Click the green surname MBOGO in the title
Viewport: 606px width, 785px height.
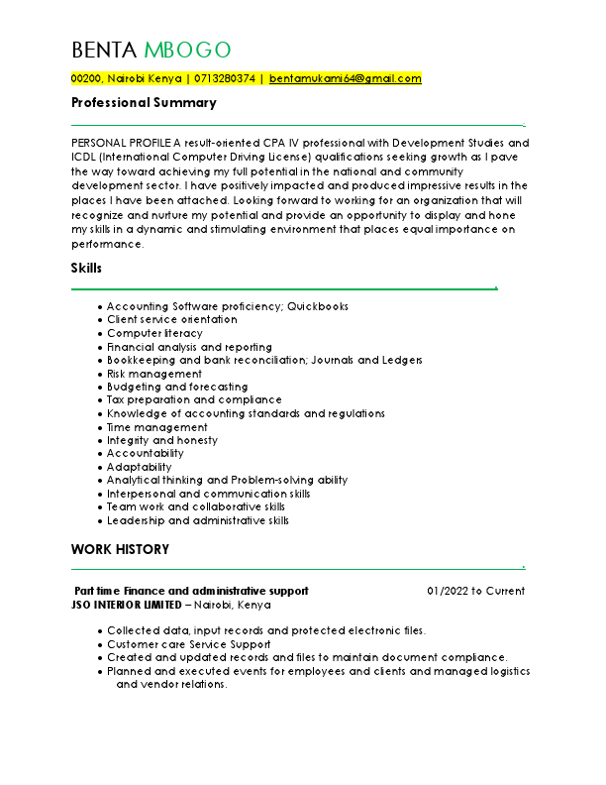[187, 50]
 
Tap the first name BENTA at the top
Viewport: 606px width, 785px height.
[105, 50]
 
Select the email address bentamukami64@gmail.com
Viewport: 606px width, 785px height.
[346, 77]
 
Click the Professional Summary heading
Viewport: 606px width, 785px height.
[144, 103]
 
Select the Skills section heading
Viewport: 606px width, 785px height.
[86, 268]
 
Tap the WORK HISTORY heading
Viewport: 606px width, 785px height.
[120, 549]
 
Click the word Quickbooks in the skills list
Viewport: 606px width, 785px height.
[318, 307]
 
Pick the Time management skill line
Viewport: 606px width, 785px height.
[157, 427]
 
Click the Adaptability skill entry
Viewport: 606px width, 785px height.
[140, 467]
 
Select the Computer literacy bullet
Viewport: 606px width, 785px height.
[154, 334]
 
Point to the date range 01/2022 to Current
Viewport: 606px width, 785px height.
[475, 591]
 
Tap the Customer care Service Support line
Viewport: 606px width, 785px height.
[188, 644]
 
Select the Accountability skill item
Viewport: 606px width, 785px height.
[146, 453]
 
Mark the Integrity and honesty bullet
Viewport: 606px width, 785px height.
[162, 440]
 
